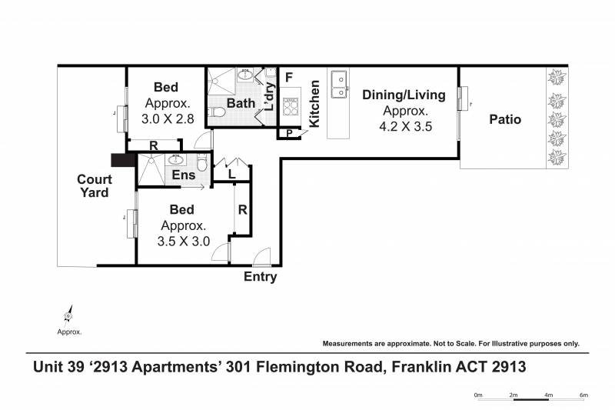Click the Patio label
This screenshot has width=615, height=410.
point(505,119)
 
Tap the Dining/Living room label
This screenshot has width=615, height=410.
point(404,95)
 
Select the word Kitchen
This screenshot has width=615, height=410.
point(314,104)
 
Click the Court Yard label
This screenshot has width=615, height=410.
point(94,185)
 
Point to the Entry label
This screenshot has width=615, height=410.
point(260,277)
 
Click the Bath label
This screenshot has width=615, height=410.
point(241,103)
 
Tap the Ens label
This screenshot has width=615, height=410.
point(184,175)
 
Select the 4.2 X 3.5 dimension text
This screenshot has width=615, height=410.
point(406,126)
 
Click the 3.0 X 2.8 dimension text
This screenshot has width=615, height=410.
point(168,118)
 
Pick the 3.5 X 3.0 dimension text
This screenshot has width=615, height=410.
point(184,241)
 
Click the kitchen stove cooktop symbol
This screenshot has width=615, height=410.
point(291,106)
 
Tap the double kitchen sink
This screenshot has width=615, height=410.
point(340,85)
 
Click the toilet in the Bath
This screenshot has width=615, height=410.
point(216,112)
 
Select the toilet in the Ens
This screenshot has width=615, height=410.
point(201,163)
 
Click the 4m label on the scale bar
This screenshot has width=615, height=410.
point(548,395)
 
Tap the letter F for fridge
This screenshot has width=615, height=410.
point(289,78)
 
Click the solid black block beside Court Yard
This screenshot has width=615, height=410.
point(123,160)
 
